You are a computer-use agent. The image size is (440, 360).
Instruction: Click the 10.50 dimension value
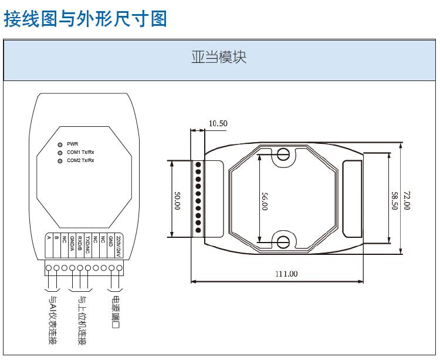[218, 123]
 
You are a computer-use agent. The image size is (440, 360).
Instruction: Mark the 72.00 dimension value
[407, 198]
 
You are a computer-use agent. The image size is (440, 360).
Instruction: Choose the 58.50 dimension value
[394, 198]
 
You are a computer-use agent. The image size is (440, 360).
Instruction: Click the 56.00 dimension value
[264, 198]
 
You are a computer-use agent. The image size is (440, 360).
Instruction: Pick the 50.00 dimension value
[177, 198]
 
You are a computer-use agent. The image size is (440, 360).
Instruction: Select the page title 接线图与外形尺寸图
[86, 18]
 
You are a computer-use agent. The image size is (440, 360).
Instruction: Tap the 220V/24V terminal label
[119, 245]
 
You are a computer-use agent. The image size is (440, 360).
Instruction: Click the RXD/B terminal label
[80, 243]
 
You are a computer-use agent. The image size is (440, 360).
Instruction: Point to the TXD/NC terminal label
[87, 243]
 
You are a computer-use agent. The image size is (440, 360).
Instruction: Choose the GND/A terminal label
[72, 243]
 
